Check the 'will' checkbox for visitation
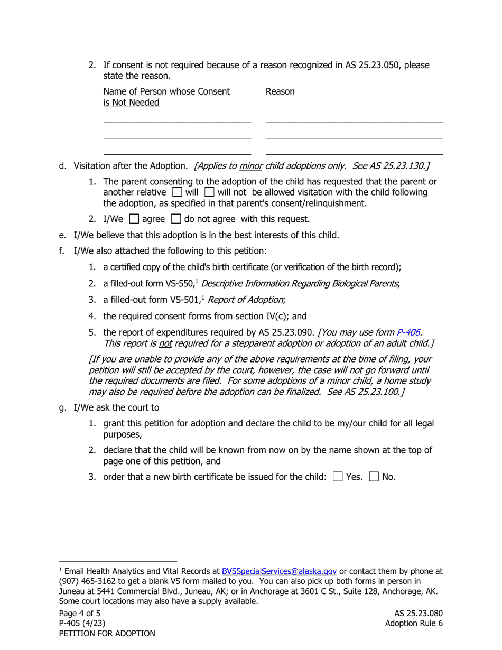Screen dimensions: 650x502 pos(177,192)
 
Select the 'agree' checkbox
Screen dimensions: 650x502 pos(134,219)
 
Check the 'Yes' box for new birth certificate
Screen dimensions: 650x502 pos(338,477)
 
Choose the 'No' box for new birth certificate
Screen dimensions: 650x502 pos(374,477)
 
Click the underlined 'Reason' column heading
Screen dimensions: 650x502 pos(280,92)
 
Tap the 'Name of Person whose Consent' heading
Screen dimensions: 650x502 pos(166,92)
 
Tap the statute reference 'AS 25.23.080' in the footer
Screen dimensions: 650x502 pos(419,614)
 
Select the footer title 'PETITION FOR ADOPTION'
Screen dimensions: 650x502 pos(107,634)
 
